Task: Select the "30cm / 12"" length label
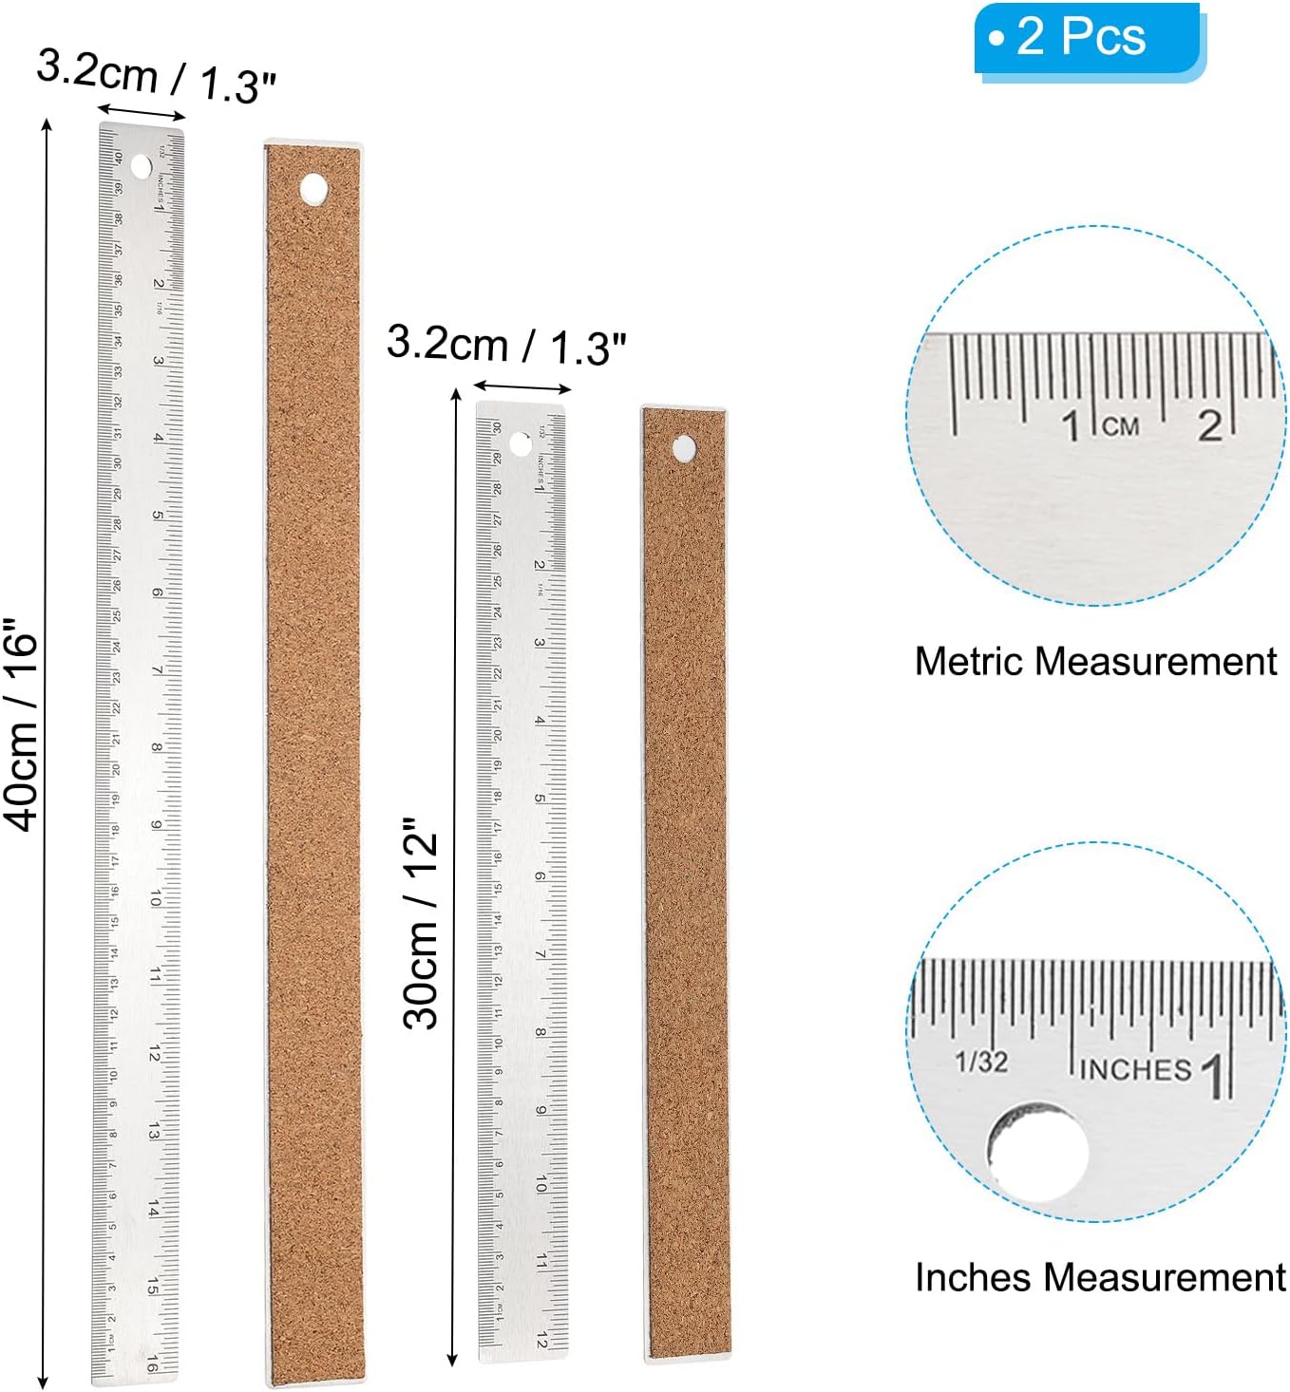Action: pyautogui.click(x=421, y=923)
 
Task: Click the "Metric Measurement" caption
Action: pyautogui.click(x=1095, y=661)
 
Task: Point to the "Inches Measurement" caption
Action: pyautogui.click(x=1099, y=1277)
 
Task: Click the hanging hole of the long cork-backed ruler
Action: pyautogui.click(x=313, y=189)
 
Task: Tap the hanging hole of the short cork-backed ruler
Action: pyautogui.click(x=684, y=449)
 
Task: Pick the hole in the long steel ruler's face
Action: pyautogui.click(x=141, y=168)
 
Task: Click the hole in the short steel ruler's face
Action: pyautogui.click(x=521, y=442)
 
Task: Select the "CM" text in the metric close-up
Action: pyautogui.click(x=1121, y=425)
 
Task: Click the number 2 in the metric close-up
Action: pyautogui.click(x=1209, y=425)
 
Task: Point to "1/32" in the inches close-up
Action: pyautogui.click(x=981, y=1061)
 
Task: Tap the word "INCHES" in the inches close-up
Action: pyautogui.click(x=1134, y=1069)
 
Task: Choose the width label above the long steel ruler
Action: pyautogui.click(x=157, y=78)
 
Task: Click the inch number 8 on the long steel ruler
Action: pyautogui.click(x=157, y=747)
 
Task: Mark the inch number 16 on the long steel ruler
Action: pyautogui.click(x=152, y=1364)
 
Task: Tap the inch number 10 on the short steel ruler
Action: pyautogui.click(x=541, y=1184)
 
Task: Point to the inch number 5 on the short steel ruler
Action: pyautogui.click(x=540, y=799)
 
